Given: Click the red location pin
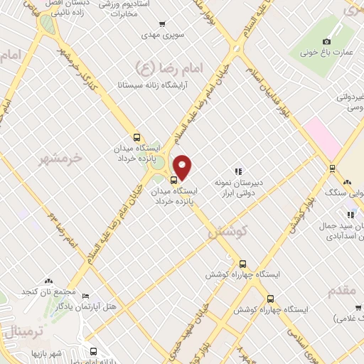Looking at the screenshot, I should [183, 166].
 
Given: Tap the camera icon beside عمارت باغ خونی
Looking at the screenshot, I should [326, 41].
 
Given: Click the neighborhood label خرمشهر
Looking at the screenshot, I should [58, 157].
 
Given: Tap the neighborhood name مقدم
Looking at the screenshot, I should [346, 291].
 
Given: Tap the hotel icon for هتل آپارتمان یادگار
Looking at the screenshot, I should [86, 296].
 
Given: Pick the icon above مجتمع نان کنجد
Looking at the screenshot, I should [48, 282].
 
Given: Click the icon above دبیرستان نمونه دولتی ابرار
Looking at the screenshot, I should [239, 171].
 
